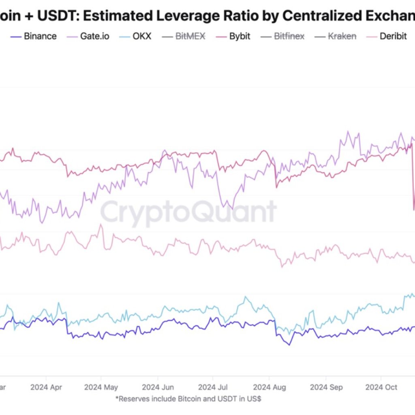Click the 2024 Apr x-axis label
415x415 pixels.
coord(46,387)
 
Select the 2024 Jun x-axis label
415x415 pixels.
coord(158,387)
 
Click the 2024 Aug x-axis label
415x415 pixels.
coord(269,387)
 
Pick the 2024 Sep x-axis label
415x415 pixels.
coord(326,387)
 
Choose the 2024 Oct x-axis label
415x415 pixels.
coord(381,387)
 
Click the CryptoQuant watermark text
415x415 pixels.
coord(188,212)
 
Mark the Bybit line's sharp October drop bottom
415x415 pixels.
coord(414,210)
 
